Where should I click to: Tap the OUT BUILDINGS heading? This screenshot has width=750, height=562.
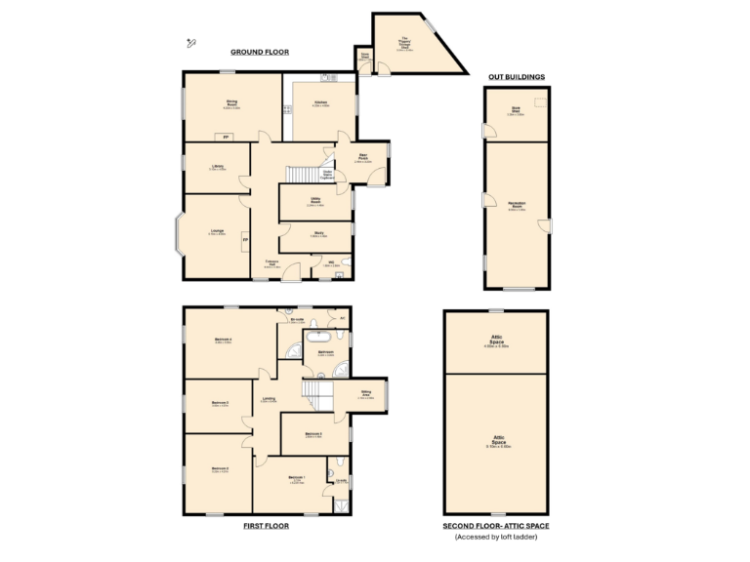coord(516,75)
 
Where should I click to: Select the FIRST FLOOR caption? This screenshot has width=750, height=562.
coord(266,525)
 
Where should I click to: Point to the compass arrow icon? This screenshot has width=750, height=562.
coord(191,41)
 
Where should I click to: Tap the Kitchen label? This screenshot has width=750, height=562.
coord(320,103)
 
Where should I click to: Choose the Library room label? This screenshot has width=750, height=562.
coord(217,168)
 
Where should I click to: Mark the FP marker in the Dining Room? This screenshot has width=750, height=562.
coord(226,137)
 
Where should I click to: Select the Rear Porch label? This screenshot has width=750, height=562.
coord(362,159)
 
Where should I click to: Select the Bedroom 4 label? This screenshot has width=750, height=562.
coord(223,341)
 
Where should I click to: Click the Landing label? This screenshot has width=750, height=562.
coord(268,398)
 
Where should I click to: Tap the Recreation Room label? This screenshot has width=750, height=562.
coord(517,205)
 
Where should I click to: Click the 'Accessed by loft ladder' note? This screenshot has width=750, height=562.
coord(495,537)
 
